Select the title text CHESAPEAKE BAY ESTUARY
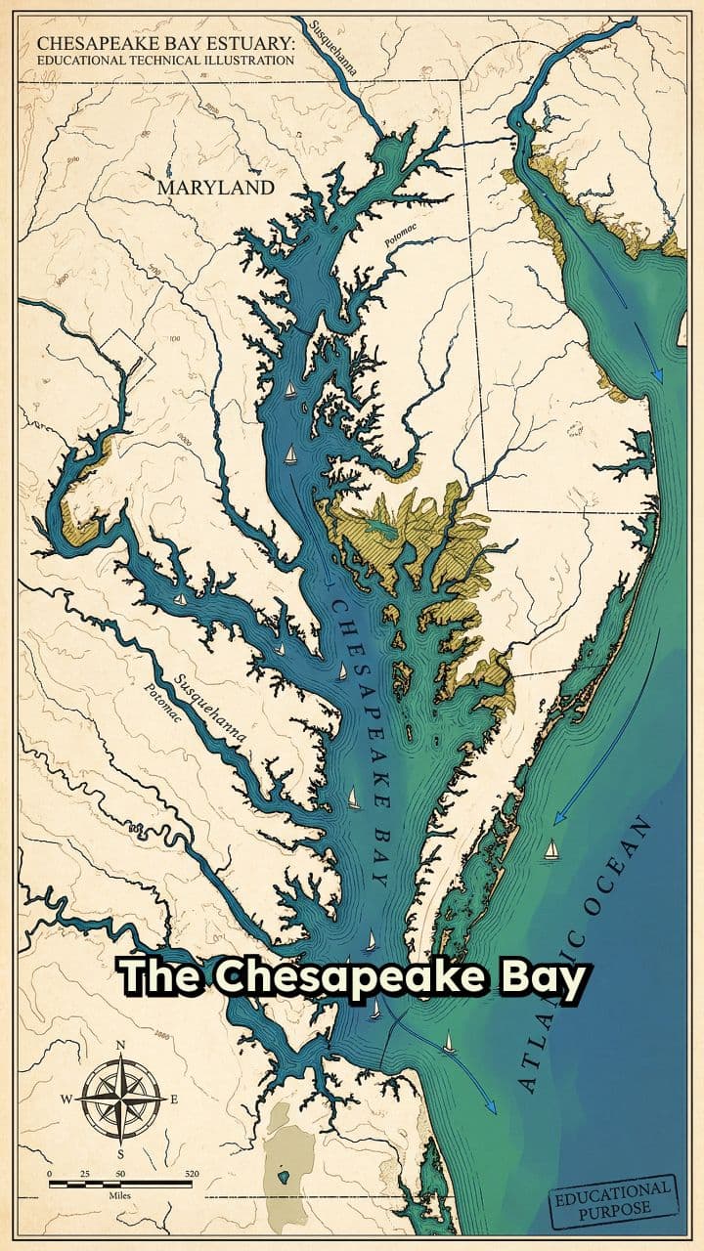click(165, 44)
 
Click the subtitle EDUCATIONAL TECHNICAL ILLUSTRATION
click(165, 61)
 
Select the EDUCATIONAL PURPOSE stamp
click(613, 1201)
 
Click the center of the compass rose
click(120, 1099)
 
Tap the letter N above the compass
click(120, 1045)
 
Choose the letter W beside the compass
click(66, 1100)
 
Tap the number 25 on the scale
click(85, 1173)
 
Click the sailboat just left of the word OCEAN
click(550, 848)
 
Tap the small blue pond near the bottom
click(284, 1177)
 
